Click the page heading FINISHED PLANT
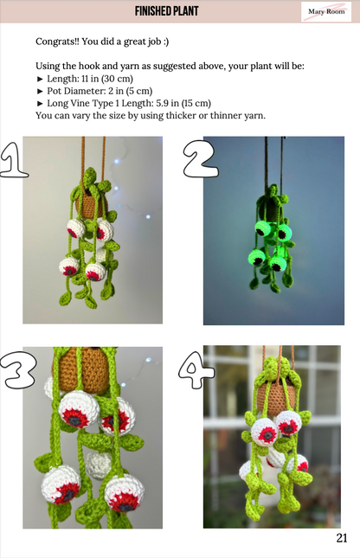pyautogui.click(x=167, y=11)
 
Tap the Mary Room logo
pyautogui.click(x=326, y=11)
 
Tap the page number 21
pyautogui.click(x=342, y=538)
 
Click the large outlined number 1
pyautogui.click(x=13, y=160)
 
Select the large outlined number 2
pyautogui.click(x=201, y=158)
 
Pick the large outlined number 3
pyautogui.click(x=18, y=370)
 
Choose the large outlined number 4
pyautogui.click(x=196, y=370)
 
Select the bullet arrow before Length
pyautogui.click(x=40, y=79)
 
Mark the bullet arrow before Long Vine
pyautogui.click(x=40, y=104)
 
